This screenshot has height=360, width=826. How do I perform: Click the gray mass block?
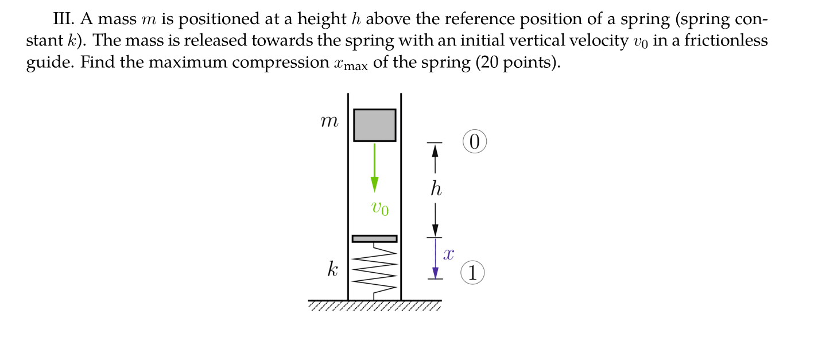pyautogui.click(x=374, y=125)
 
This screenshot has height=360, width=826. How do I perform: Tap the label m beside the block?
pyautogui.click(x=329, y=122)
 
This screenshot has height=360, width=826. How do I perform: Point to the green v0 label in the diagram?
pyautogui.click(x=379, y=208)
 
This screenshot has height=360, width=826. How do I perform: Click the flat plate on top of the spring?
pyautogui.click(x=374, y=238)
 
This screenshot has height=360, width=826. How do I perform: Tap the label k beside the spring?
pyautogui.click(x=332, y=270)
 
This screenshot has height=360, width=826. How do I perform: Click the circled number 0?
pyautogui.click(x=474, y=142)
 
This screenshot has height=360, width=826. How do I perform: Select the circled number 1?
pyautogui.click(x=473, y=273)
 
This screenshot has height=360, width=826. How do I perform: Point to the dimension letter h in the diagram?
pyautogui.click(x=436, y=189)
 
